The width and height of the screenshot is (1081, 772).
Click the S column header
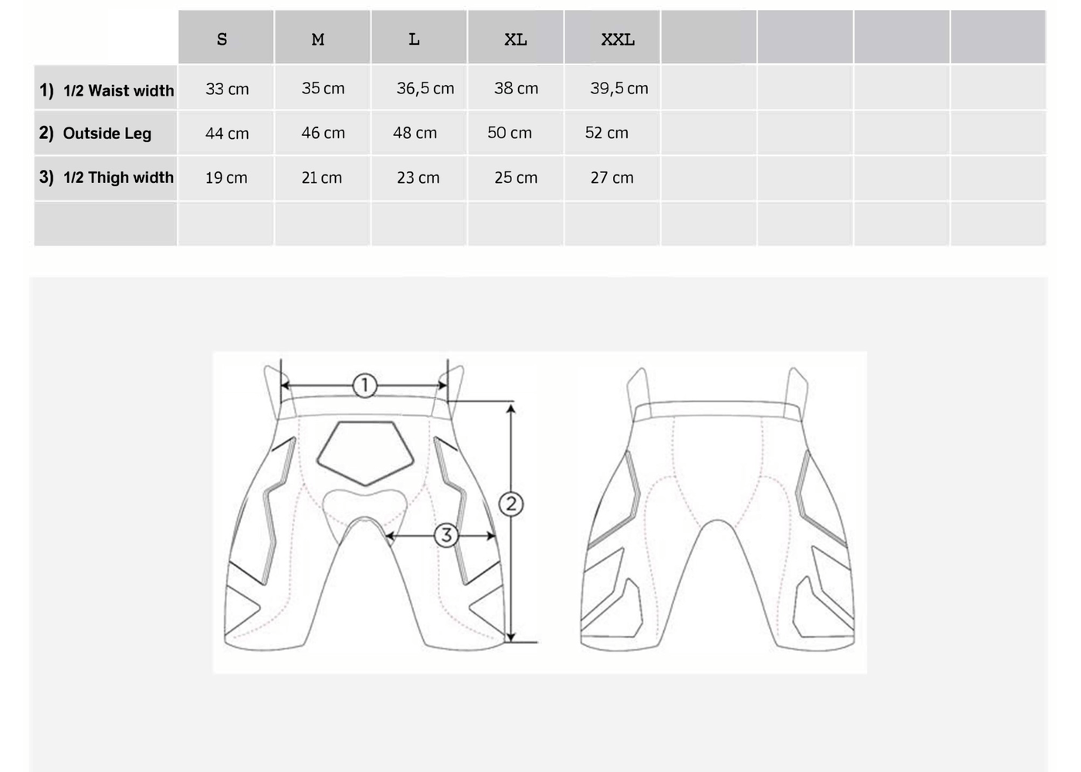click(x=222, y=39)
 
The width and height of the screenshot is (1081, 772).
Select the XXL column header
click(x=618, y=39)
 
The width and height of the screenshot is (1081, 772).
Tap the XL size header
click(x=516, y=39)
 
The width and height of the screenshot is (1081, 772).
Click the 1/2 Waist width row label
click(x=107, y=90)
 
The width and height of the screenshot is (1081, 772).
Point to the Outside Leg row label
click(x=95, y=133)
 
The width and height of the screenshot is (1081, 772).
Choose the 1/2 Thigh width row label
click(x=107, y=178)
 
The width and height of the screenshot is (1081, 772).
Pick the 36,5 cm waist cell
click(x=425, y=88)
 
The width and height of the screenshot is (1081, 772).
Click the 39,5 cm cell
click(x=619, y=88)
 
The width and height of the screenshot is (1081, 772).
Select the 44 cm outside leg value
click(x=227, y=133)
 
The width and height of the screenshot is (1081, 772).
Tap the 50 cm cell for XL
click(x=510, y=133)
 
